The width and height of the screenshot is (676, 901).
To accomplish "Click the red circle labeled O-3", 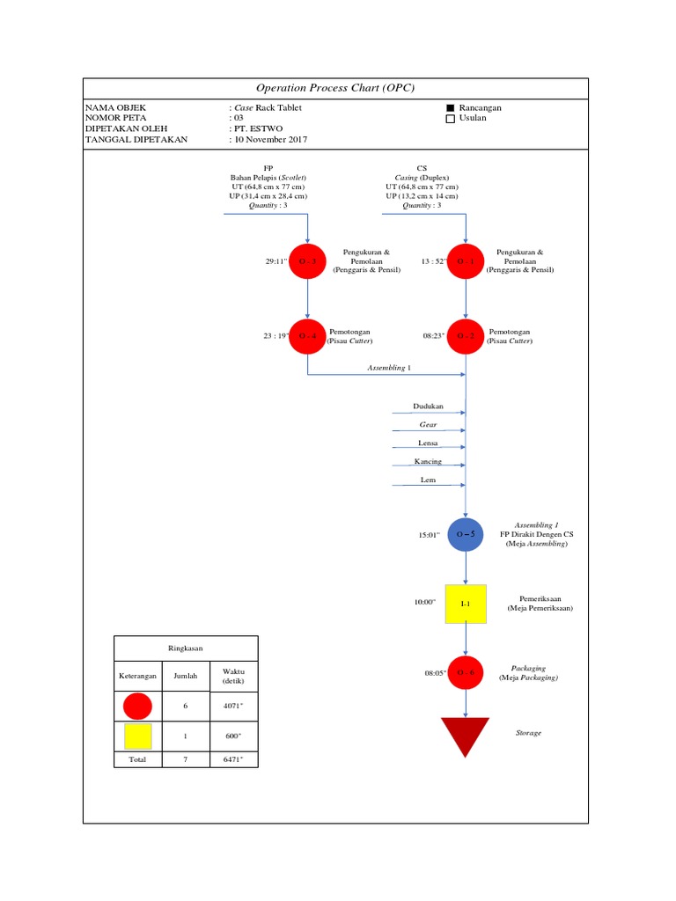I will pos(307,261).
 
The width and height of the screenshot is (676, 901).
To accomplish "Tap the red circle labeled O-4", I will pos(307,336).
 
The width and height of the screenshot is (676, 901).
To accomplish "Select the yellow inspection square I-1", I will pos(467,604).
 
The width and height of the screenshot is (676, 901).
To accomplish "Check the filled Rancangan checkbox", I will pos(451,107).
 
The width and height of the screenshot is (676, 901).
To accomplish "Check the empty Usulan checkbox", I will pos(451,118).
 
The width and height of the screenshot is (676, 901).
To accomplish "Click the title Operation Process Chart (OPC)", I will pos(334,88).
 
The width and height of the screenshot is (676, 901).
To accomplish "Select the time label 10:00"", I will pos(425,603).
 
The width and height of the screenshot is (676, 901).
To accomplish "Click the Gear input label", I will pos(428,425).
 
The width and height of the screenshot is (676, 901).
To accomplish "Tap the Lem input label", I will pos(428,480).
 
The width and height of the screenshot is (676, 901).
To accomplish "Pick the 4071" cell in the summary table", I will pos(233,706).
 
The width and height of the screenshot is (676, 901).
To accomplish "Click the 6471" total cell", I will pos(233,758).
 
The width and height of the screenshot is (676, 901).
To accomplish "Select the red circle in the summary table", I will pos(138,707).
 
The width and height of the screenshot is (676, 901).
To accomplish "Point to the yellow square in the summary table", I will pos(138,736).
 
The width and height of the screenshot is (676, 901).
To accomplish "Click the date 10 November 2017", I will pos(269,139).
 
